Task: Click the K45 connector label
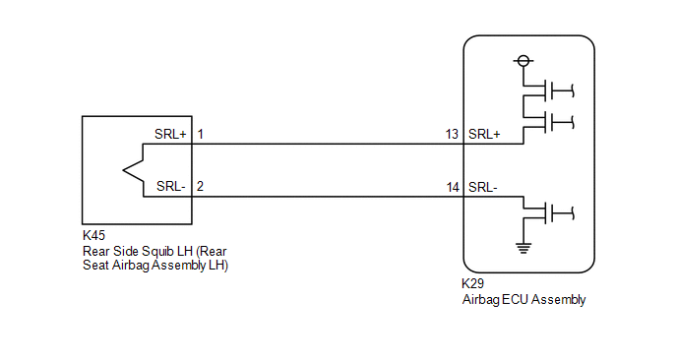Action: (x=93, y=235)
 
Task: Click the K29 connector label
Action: (x=472, y=283)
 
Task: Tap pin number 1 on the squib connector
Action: (x=201, y=134)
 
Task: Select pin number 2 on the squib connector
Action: (x=200, y=186)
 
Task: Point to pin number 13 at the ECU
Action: (x=452, y=134)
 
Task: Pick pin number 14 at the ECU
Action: (x=453, y=187)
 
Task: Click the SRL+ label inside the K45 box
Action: (x=170, y=134)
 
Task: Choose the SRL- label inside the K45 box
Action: (x=171, y=186)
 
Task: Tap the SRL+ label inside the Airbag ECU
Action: (x=484, y=134)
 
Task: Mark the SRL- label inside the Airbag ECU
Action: (x=483, y=187)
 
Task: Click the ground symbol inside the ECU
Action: (x=523, y=248)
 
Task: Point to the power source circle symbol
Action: (x=523, y=61)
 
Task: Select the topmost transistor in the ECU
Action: (x=548, y=90)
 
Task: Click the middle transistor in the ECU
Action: (x=548, y=122)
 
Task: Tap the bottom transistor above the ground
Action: (x=548, y=212)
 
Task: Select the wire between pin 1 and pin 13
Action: (x=328, y=144)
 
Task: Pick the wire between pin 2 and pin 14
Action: (x=328, y=197)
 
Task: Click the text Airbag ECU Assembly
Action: (x=523, y=300)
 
